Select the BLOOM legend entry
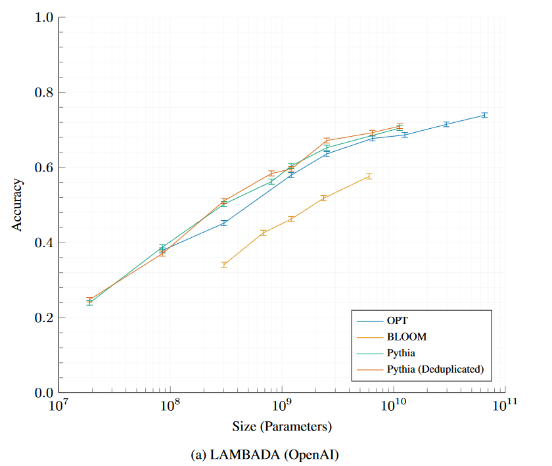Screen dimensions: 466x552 coord(407,337)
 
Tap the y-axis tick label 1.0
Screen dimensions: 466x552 coord(43,17)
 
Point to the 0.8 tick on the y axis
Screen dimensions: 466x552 coord(43,92)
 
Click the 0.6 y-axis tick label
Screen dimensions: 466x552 coord(43,168)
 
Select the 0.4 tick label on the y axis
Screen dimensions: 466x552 coord(43,243)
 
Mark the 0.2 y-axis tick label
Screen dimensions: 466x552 coord(43,317)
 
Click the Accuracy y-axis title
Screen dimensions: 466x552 coord(18,205)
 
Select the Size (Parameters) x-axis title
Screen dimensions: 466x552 coord(282,427)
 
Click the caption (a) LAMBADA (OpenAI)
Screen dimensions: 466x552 coord(282,454)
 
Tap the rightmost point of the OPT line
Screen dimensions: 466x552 coord(484,115)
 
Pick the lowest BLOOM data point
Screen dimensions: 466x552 coord(224,264)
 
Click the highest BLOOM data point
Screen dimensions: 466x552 coord(369,176)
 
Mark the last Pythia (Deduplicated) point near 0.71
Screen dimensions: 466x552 coord(399,126)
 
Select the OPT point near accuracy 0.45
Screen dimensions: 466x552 coord(224,223)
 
